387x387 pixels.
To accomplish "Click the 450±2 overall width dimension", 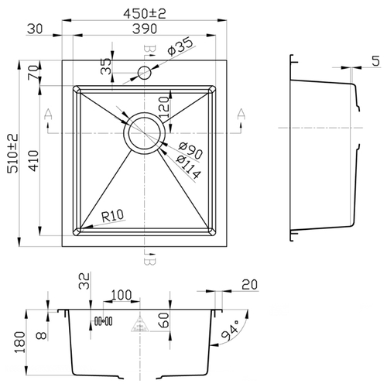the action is point(145,13).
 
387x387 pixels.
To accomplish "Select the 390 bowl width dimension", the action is point(145,29).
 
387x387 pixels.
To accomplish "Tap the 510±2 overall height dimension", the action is point(13,153).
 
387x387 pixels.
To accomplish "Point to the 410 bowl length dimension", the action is point(33,161).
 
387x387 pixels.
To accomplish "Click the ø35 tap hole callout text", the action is point(180,46).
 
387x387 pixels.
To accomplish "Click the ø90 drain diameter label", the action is point(190,150).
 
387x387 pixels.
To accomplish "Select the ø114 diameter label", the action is point(188,167).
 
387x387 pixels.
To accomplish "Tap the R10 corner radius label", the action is point(112,216).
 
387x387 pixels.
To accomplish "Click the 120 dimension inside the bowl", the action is point(165,108).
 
